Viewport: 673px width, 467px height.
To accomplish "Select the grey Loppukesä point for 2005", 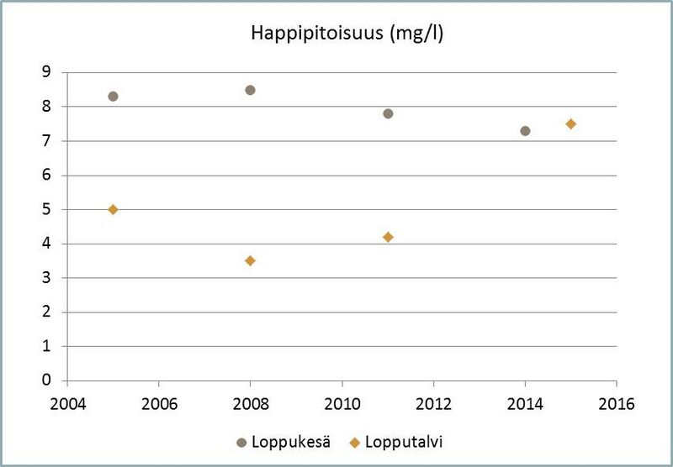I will pos(113,96).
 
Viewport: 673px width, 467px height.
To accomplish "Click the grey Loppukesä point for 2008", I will pos(250,90).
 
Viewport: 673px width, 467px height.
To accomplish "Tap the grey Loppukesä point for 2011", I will pos(388,113).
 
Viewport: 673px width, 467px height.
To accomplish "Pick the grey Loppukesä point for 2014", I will pos(525,131).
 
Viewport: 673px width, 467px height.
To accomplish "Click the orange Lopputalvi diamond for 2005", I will pos(113,209).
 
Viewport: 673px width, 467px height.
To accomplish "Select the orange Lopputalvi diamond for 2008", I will pos(250,260).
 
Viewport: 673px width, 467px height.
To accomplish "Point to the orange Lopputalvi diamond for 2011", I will pos(388,237).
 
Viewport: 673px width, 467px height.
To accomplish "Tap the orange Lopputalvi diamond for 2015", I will pos(571,123).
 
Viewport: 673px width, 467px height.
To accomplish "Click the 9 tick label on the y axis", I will pos(47,72).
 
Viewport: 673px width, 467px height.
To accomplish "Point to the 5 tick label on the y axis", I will pos(47,209).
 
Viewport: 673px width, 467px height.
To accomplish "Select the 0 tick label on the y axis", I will pos(47,380).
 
